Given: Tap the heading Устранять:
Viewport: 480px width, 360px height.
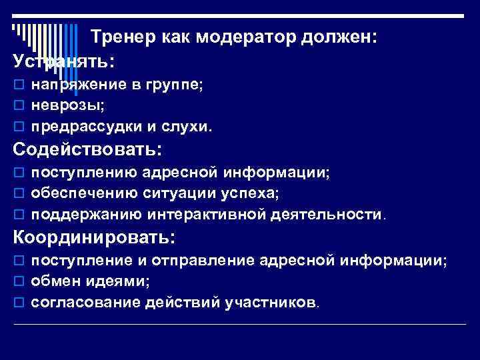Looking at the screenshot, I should coord(64,61).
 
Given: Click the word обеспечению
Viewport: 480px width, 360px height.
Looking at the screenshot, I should coord(83,193).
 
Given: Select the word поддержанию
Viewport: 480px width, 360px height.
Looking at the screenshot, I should coord(86,214).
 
